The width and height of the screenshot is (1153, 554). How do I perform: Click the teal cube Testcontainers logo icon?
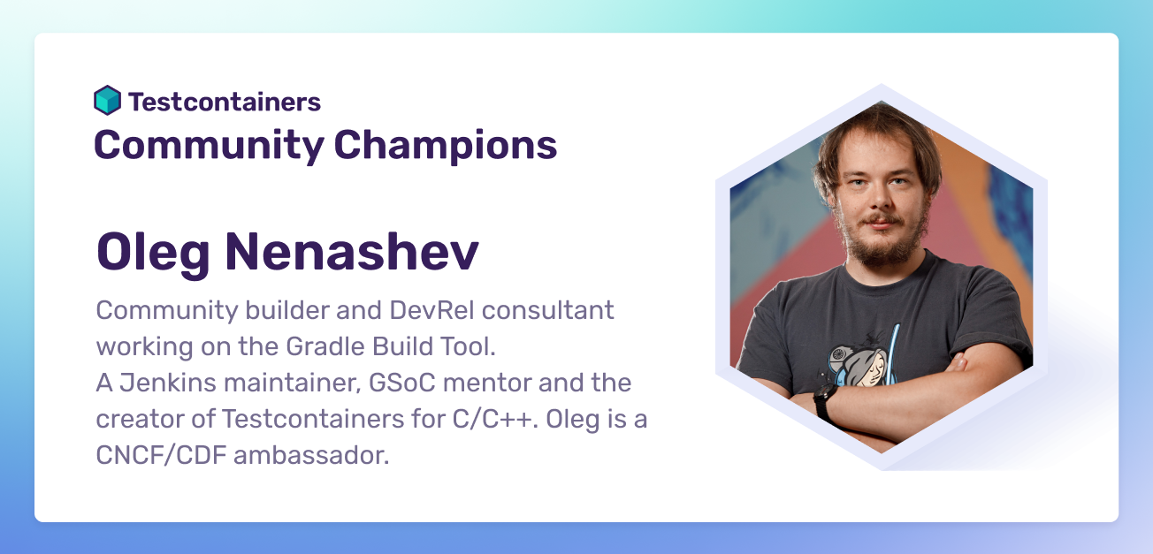click(x=107, y=100)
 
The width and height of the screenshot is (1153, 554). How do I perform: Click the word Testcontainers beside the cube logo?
click(x=225, y=102)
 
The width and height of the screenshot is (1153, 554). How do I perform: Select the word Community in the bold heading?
click(x=209, y=146)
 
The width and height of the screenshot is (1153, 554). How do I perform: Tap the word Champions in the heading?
click(x=446, y=146)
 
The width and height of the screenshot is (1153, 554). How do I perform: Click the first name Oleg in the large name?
click(x=153, y=253)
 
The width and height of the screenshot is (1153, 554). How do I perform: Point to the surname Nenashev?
click(x=352, y=251)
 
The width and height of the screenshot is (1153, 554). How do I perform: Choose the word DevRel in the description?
click(x=431, y=310)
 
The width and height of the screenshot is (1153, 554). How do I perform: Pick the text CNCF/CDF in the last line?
click(x=161, y=455)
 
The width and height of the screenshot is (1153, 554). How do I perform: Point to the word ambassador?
click(x=311, y=455)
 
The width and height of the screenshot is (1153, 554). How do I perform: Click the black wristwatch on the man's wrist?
click(x=824, y=400)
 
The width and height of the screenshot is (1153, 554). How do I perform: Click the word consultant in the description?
click(x=547, y=310)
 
